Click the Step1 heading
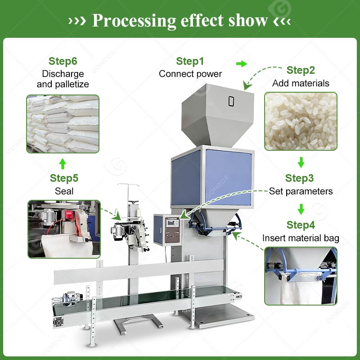pyautogui.click(x=190, y=61)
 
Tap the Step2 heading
pyautogui.click(x=301, y=70)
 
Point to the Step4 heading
pyautogui.click(x=301, y=225)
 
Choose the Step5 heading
pyautogui.click(x=64, y=178)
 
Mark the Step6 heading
pyautogui.click(x=63, y=61)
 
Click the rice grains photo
pyautogui.click(x=300, y=121)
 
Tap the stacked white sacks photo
pyautogui.click(x=63, y=123)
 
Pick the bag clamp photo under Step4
pyautogui.click(x=300, y=275)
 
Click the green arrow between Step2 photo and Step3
pyautogui.click(x=301, y=162)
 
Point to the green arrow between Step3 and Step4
pyautogui.click(x=301, y=209)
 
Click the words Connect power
pyautogui.click(x=190, y=74)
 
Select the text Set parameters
pyautogui.click(x=301, y=191)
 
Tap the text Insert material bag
pyautogui.click(x=301, y=238)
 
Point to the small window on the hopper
pyautogui.click(x=231, y=101)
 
